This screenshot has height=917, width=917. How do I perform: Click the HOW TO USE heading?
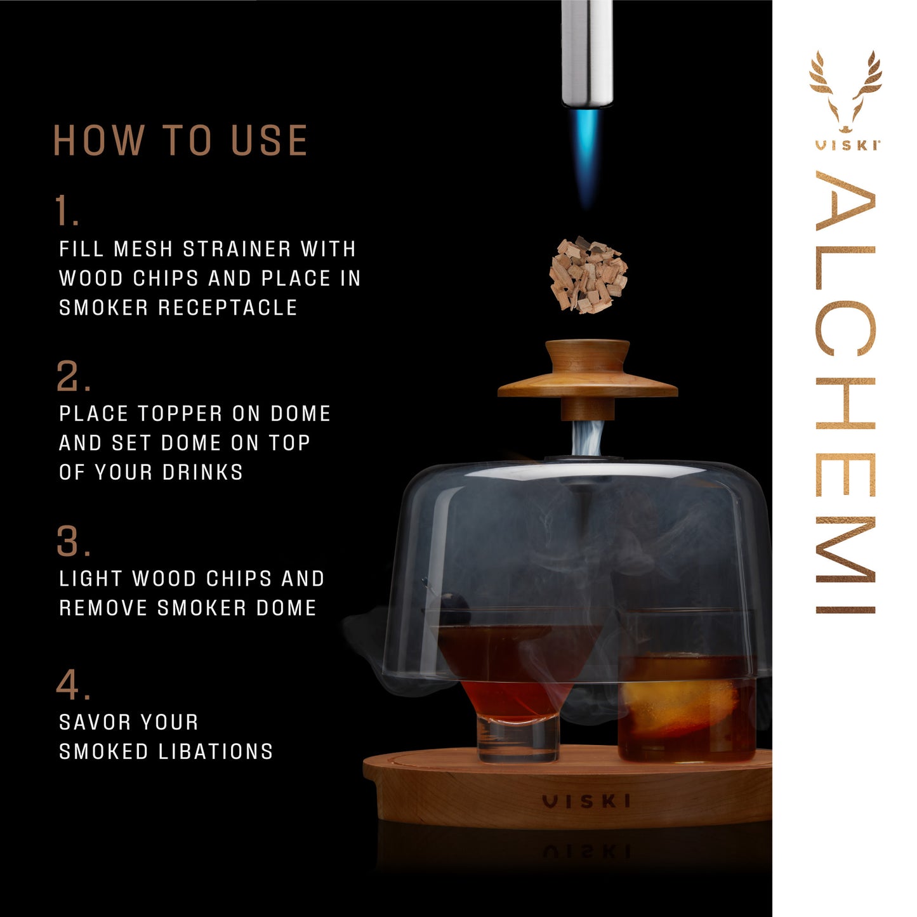pos(180,140)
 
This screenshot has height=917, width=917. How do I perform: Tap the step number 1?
pos(66,211)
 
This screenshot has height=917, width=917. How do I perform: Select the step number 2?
pos(72,376)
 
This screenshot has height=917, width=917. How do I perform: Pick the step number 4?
pos(72,685)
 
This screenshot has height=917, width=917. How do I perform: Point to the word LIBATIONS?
pos(215,751)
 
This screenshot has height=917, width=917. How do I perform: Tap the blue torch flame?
pos(587,155)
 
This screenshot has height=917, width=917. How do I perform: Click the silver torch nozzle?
pos(587,51)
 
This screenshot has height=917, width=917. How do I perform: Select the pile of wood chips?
pos(588,275)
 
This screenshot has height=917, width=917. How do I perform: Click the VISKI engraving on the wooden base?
pos(587,802)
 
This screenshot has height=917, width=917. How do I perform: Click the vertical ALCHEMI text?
pos(846,393)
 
